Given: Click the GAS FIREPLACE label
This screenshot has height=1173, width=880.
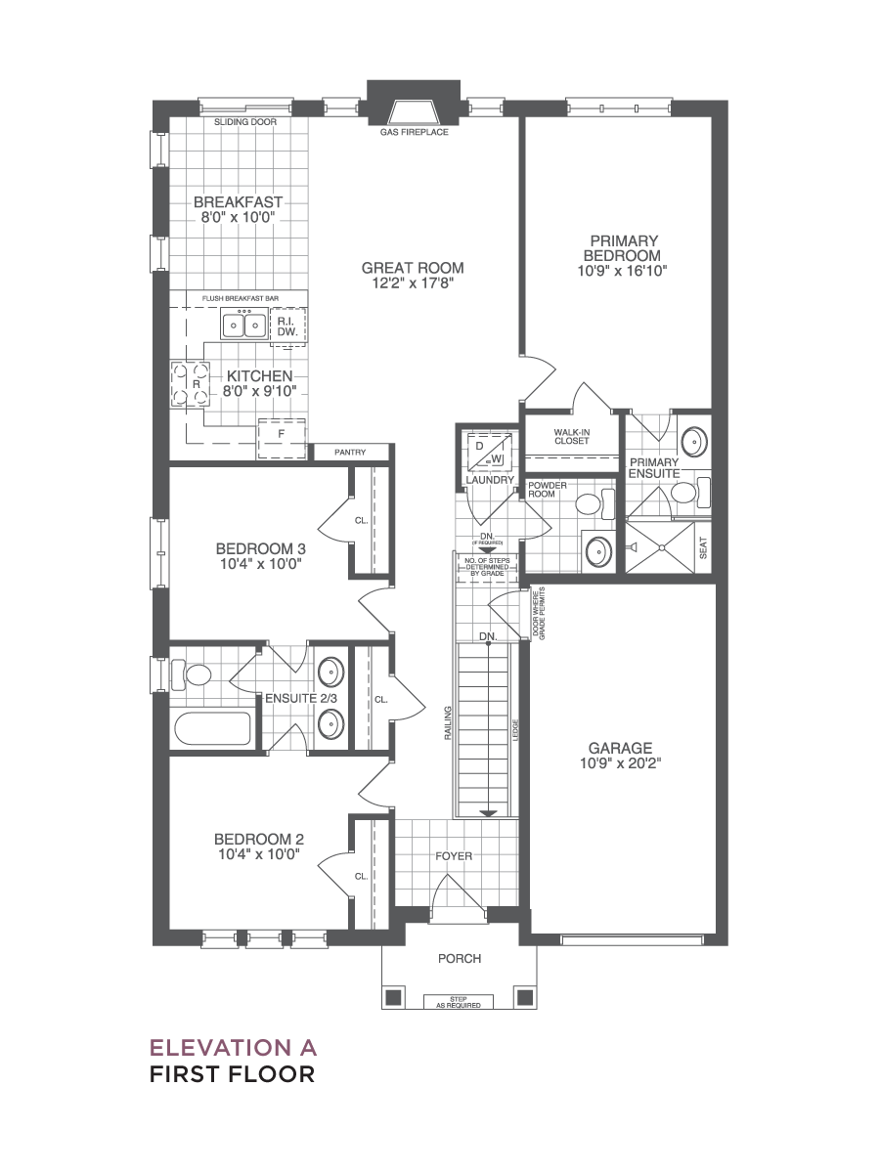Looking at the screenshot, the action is click(414, 132).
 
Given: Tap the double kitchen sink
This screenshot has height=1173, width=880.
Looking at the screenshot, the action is click(244, 324).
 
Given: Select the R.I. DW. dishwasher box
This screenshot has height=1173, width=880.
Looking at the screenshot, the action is click(288, 326).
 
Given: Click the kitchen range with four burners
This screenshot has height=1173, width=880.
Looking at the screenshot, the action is click(191, 384).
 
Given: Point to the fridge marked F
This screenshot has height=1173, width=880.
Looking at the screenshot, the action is click(282, 438).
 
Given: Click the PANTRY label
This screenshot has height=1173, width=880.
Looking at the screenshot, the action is click(350, 453).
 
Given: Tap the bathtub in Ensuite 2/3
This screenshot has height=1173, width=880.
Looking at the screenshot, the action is click(212, 728).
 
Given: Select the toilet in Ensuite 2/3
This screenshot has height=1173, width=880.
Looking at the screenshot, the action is click(191, 674).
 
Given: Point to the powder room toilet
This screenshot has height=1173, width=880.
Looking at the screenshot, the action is click(594, 502).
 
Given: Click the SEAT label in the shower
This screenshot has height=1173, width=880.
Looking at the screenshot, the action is click(703, 547).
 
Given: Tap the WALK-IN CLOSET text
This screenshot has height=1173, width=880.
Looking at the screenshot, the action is click(572, 437).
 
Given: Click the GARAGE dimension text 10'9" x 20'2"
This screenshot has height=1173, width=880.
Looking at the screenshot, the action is click(621, 763).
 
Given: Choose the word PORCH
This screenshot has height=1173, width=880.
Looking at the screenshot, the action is click(460, 959).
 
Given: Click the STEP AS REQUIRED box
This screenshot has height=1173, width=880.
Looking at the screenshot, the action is click(459, 1002).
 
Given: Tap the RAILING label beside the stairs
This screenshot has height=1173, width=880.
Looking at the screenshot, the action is click(448, 723).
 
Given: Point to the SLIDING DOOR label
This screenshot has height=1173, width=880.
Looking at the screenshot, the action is click(245, 122).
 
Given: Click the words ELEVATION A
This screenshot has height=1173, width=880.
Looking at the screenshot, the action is click(234, 1048).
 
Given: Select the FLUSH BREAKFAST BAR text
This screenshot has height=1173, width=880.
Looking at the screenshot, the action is click(241, 298).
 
